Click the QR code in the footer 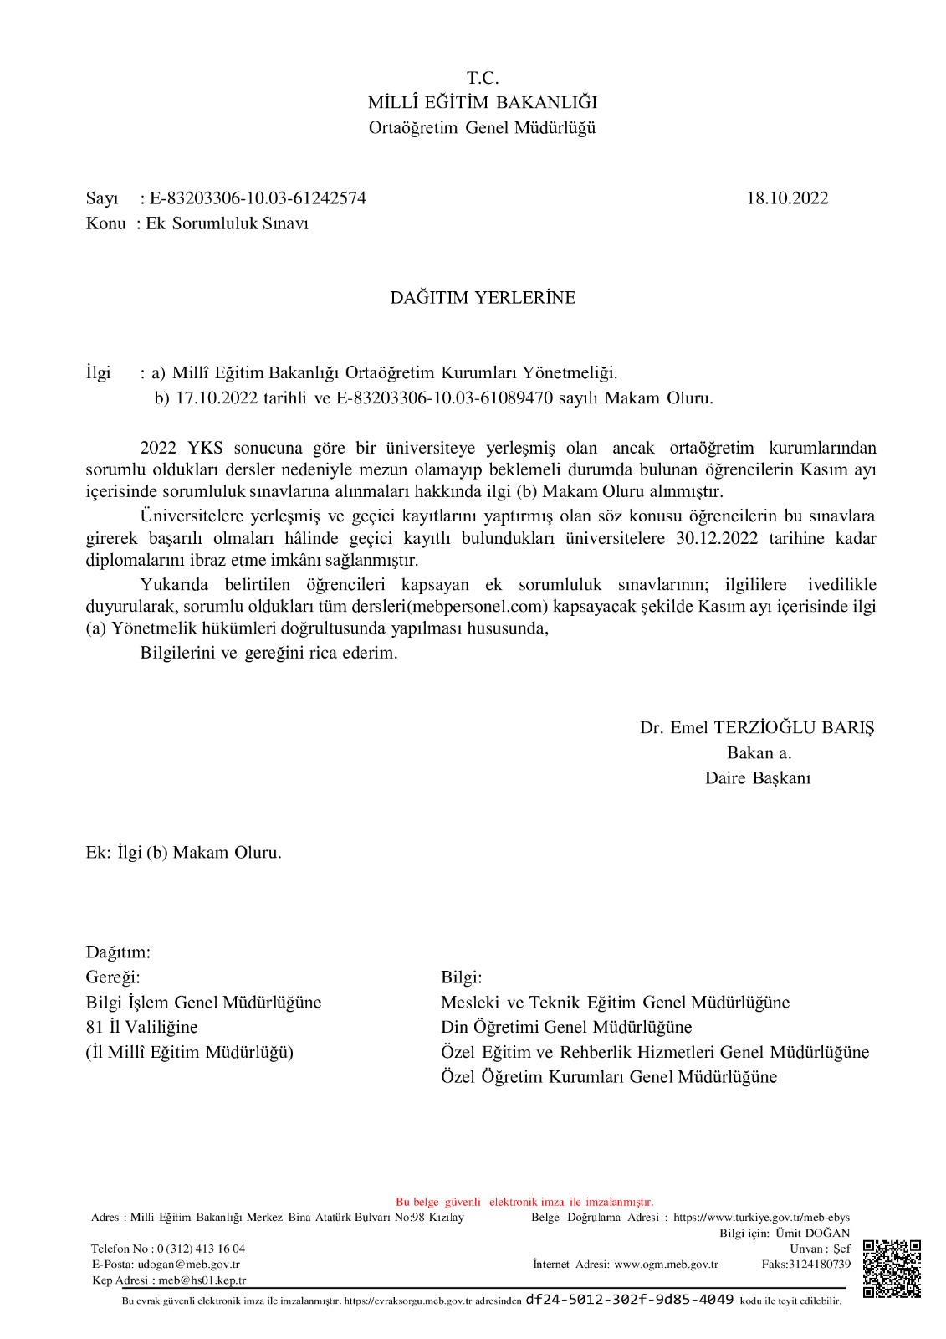(892, 1268)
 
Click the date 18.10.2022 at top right (788, 198)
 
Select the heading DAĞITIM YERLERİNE (483, 298)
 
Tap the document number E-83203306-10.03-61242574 (258, 198)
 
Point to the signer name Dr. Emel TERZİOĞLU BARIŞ (757, 727)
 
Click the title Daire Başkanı (757, 778)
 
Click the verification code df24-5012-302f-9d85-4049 (629, 1300)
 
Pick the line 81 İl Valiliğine (142, 1027)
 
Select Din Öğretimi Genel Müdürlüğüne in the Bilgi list (566, 1027)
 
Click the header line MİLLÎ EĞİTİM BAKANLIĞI (483, 103)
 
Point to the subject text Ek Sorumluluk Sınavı (228, 224)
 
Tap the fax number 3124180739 (818, 1264)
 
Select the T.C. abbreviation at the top (483, 78)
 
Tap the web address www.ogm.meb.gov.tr (666, 1264)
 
